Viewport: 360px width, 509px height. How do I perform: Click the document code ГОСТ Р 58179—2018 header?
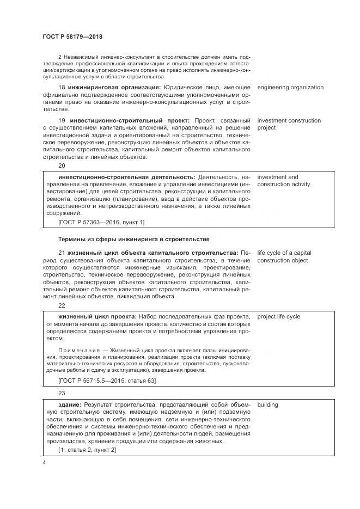(72, 36)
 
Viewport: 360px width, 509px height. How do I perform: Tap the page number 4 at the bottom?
(44, 462)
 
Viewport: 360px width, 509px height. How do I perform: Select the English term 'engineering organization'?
(290, 88)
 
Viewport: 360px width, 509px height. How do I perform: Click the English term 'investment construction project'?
(289, 124)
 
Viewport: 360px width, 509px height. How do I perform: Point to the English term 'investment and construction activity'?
(284, 181)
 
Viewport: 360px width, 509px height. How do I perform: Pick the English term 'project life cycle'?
(279, 316)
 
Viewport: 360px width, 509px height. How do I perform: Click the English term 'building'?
(267, 405)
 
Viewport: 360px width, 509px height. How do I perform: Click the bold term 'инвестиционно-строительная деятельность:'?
(126, 177)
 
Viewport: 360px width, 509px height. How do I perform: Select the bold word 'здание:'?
(70, 405)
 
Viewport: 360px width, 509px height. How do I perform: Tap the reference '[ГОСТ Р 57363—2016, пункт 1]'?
(101, 222)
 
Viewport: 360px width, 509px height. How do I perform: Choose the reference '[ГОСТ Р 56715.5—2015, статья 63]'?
(107, 380)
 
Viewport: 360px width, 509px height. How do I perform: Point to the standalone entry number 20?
(62, 165)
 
